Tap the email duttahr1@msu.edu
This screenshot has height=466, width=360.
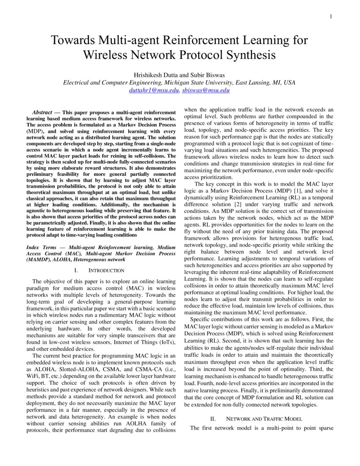(154, 90)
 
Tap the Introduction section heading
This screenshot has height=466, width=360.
(106, 270)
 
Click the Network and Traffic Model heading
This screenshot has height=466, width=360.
(264, 419)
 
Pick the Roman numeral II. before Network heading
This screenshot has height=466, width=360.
(213, 419)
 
